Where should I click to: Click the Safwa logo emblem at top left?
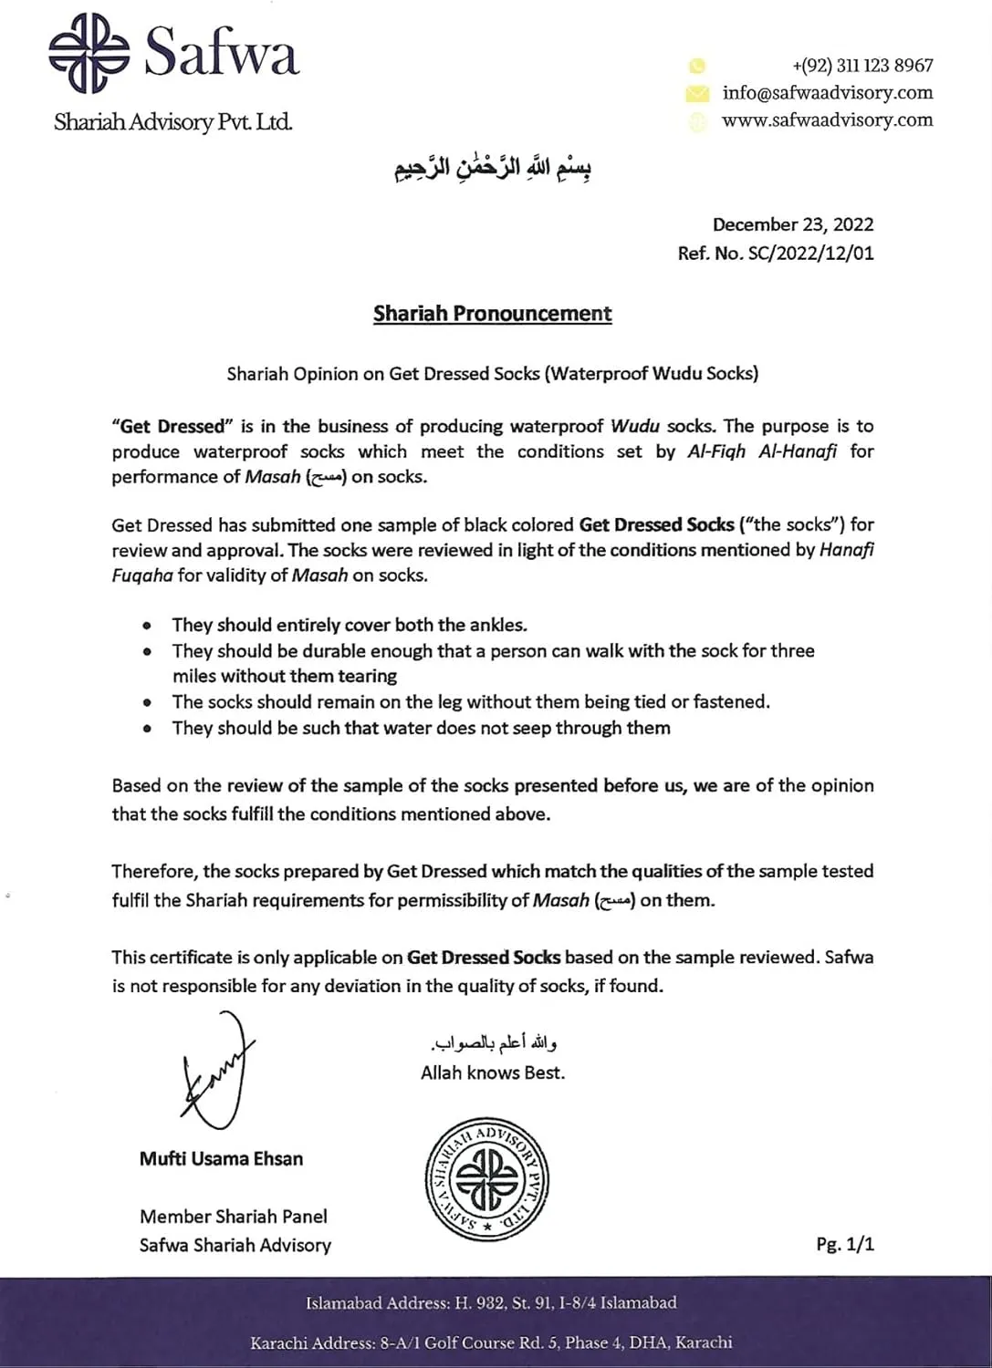pyautogui.click(x=89, y=53)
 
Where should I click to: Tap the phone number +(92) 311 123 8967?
pyautogui.click(x=862, y=66)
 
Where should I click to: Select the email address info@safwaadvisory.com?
pyautogui.click(x=827, y=93)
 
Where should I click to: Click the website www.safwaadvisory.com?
pyautogui.click(x=827, y=120)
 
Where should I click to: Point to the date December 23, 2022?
pyautogui.click(x=792, y=224)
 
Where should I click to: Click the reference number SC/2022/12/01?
pyautogui.click(x=810, y=254)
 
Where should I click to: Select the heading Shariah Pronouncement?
pyautogui.click(x=492, y=314)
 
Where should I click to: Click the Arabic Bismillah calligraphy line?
pyautogui.click(x=493, y=169)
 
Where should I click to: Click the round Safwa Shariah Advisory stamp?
pyautogui.click(x=487, y=1179)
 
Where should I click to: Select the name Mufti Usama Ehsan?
pyautogui.click(x=221, y=1159)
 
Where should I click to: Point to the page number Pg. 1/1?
pyautogui.click(x=845, y=1244)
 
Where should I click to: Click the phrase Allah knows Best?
pyautogui.click(x=493, y=1073)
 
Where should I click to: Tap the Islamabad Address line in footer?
pyautogui.click(x=491, y=1303)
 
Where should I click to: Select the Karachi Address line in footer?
pyautogui.click(x=491, y=1342)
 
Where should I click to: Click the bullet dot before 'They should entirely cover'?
pyautogui.click(x=147, y=627)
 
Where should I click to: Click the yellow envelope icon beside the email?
pyautogui.click(x=697, y=93)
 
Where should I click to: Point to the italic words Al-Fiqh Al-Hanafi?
pyautogui.click(x=761, y=451)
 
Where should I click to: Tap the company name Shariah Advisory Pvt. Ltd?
pyautogui.click(x=173, y=122)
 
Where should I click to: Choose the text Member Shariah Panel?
pyautogui.click(x=233, y=1217)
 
